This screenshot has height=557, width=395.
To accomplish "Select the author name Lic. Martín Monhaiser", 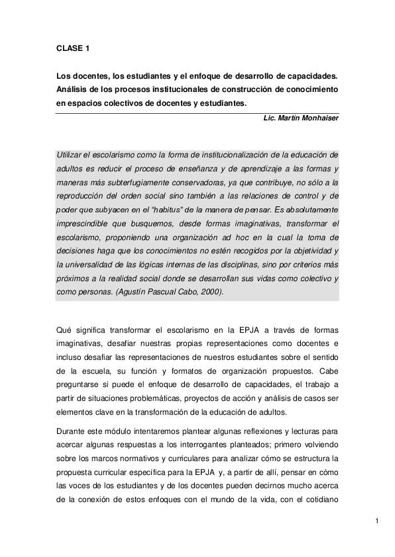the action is pos(301,118).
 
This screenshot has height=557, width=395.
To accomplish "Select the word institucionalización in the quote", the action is pos(248,154).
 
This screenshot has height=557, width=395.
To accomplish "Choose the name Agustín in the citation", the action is pos(142,293).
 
